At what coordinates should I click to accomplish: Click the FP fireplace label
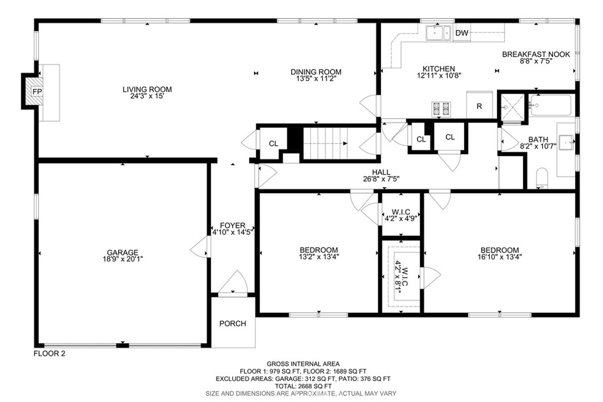point(37,91)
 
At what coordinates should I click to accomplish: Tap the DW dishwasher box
point(462,33)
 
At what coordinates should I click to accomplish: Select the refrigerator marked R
point(479,105)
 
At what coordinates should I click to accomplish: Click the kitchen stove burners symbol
point(441,109)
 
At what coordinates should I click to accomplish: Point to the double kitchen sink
point(438,33)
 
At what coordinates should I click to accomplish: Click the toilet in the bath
point(542,178)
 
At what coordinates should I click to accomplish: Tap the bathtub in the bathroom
point(550,105)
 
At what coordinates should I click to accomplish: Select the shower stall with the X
point(512,107)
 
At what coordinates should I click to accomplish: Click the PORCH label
point(233,324)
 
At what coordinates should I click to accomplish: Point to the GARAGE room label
point(122,253)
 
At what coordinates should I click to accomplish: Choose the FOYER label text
point(233,225)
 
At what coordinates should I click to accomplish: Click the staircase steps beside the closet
point(326,143)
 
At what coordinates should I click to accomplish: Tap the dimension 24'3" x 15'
point(147,96)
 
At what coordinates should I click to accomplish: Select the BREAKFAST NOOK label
point(536,54)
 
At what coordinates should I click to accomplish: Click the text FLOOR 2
point(49,354)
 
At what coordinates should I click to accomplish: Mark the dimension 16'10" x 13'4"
point(499,257)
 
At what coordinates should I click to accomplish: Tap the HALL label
point(381,172)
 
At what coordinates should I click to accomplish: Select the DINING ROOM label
point(316,72)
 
